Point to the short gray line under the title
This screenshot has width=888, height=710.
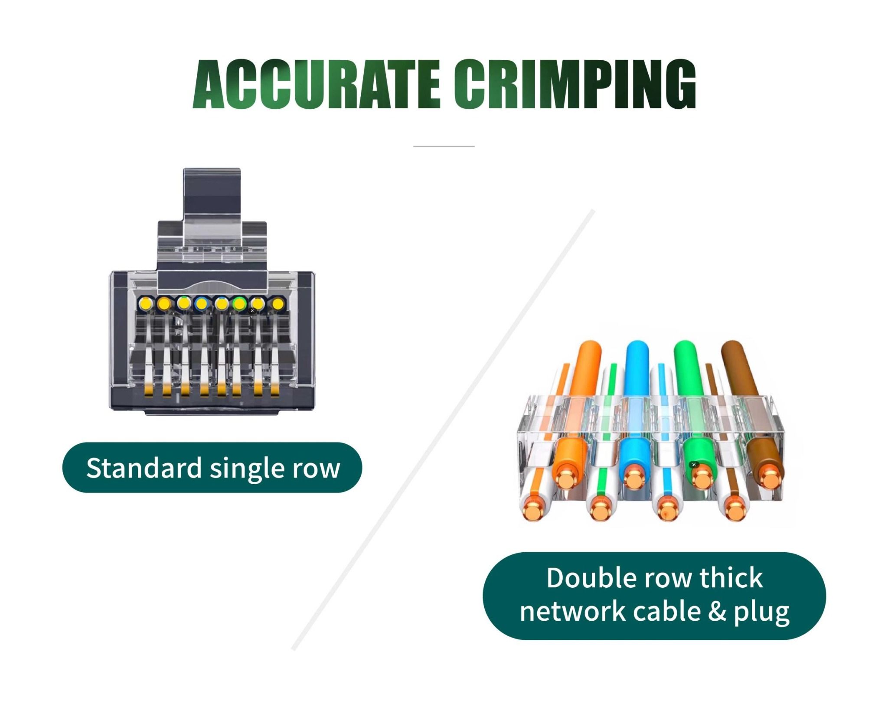point(444,147)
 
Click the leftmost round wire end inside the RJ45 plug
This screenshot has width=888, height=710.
point(146,303)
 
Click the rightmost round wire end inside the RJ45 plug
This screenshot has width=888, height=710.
point(277,303)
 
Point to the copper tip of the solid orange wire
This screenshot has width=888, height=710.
point(565,479)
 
